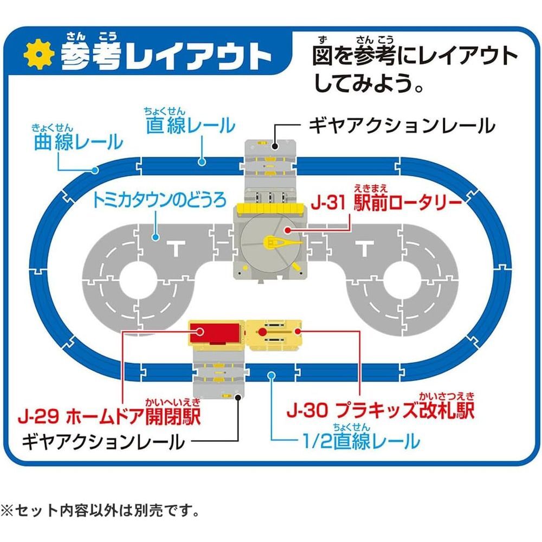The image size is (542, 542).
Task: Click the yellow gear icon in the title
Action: [38, 55]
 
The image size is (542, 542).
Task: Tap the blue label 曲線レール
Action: [76, 143]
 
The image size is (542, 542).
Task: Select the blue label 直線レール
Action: [190, 126]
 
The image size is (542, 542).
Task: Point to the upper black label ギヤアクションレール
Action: [402, 126]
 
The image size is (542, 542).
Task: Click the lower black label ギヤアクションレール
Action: [102, 442]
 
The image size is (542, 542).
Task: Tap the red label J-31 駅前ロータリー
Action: [386, 205]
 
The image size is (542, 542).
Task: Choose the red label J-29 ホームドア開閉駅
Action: [108, 417]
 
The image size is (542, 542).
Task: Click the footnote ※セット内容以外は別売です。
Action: [100, 510]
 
